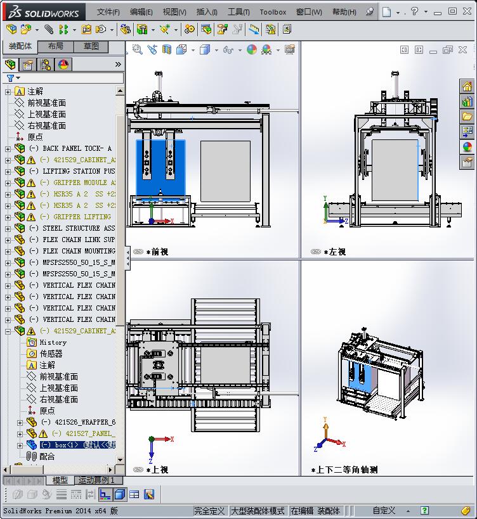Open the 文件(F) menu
point(108,11)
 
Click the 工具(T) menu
point(238,11)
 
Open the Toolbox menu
point(273,11)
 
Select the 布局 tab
point(55,46)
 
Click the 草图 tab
point(91,46)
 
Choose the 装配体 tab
point(20,46)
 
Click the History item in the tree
point(53,342)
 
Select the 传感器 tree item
point(51,354)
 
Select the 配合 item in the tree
point(47,456)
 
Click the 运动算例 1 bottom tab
point(96,480)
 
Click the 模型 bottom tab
point(60,480)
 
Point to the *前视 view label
point(157,252)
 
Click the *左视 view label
point(334,252)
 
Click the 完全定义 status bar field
point(210,511)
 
